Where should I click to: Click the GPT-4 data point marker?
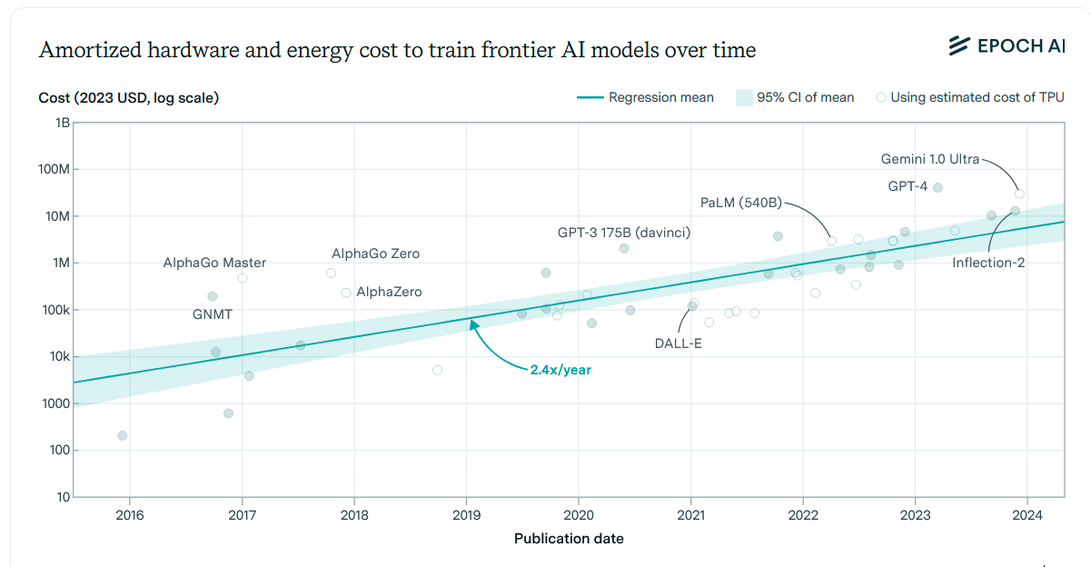tap(937, 188)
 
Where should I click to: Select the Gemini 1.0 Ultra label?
tap(930, 159)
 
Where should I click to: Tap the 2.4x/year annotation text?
tap(560, 370)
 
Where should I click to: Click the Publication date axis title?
tap(569, 539)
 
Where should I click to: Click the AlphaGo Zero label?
tap(375, 254)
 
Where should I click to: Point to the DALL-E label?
tap(679, 343)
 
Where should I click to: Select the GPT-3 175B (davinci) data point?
tap(624, 248)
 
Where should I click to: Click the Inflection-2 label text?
tap(988, 263)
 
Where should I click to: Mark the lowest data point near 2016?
tap(123, 436)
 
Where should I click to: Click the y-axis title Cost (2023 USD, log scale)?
tap(128, 98)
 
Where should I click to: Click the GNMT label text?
tap(213, 313)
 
